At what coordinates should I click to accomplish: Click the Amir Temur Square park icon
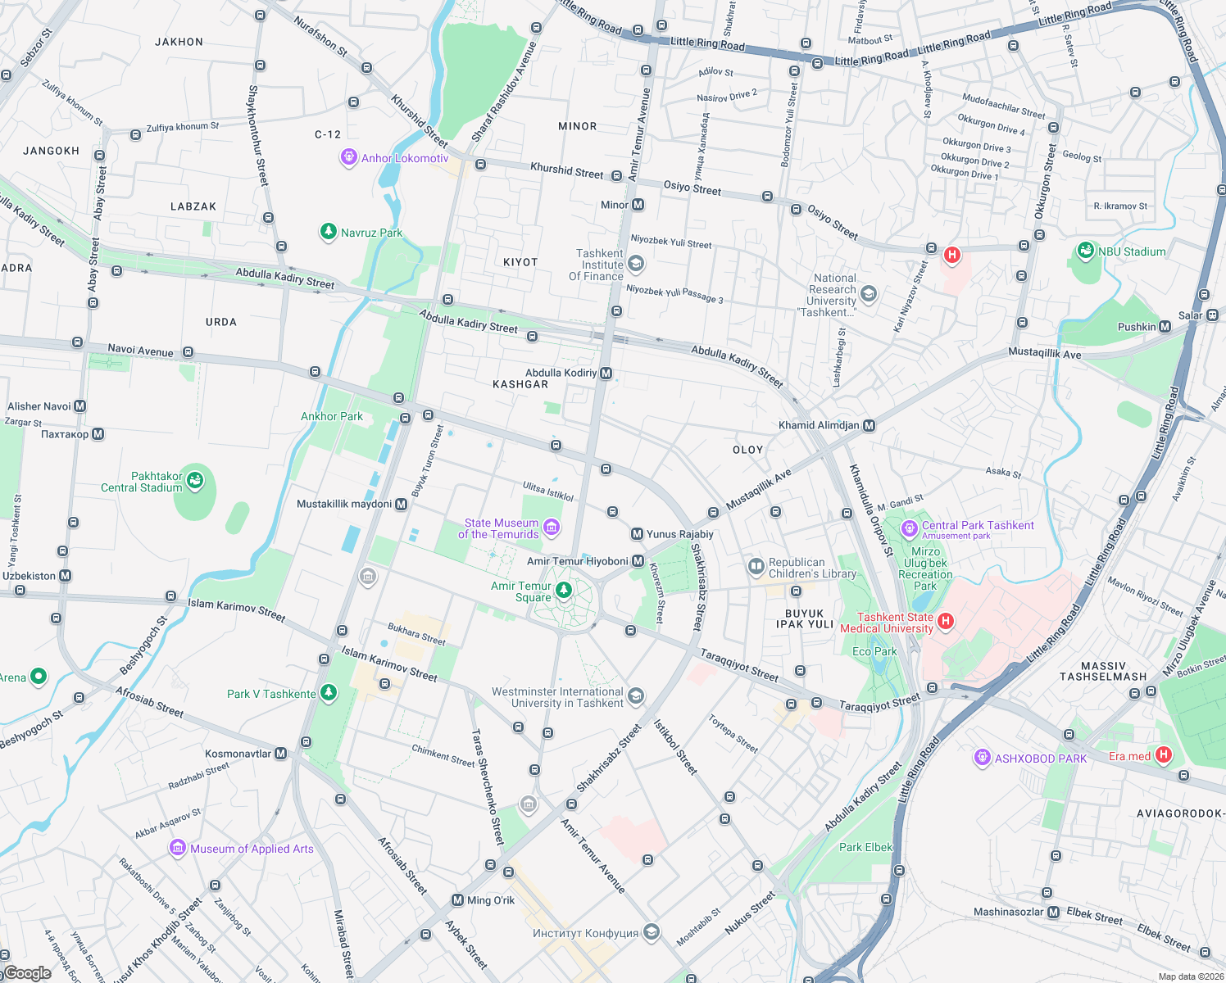pyautogui.click(x=564, y=590)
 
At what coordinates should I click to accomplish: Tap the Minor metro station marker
pyautogui.click(x=638, y=205)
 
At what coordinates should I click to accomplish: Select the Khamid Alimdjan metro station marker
pyautogui.click(x=870, y=425)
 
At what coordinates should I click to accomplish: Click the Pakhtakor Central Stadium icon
pyautogui.click(x=195, y=480)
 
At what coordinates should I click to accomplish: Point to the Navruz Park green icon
pyautogui.click(x=328, y=232)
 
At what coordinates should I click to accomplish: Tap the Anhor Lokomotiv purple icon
pyautogui.click(x=348, y=157)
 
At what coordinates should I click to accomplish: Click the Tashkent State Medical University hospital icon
pyautogui.click(x=945, y=621)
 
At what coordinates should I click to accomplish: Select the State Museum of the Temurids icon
pyautogui.click(x=552, y=528)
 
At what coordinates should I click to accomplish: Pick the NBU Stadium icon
pyautogui.click(x=1086, y=251)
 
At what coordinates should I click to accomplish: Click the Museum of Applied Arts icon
pyautogui.click(x=178, y=848)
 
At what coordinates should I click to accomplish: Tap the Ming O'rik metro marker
pyautogui.click(x=457, y=900)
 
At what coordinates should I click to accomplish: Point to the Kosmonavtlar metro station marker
pyautogui.click(x=281, y=754)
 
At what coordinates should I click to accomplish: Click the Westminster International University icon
pyautogui.click(x=636, y=696)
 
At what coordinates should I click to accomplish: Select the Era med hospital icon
pyautogui.click(x=1163, y=755)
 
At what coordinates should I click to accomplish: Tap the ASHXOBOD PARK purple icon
pyautogui.click(x=982, y=758)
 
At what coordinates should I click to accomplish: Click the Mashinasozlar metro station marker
pyautogui.click(x=1053, y=912)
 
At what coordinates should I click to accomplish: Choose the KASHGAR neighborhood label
pyautogui.click(x=520, y=384)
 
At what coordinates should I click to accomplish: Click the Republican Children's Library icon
pyautogui.click(x=756, y=566)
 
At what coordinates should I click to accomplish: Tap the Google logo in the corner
pyautogui.click(x=28, y=973)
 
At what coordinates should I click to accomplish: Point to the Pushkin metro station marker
pyautogui.click(x=1165, y=327)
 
